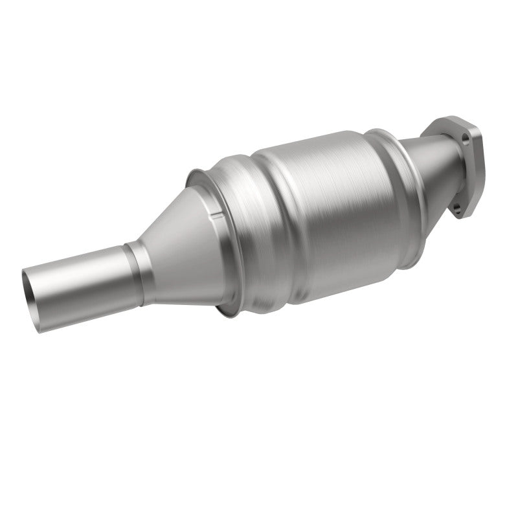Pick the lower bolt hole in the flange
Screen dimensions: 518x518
pos(458,208)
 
